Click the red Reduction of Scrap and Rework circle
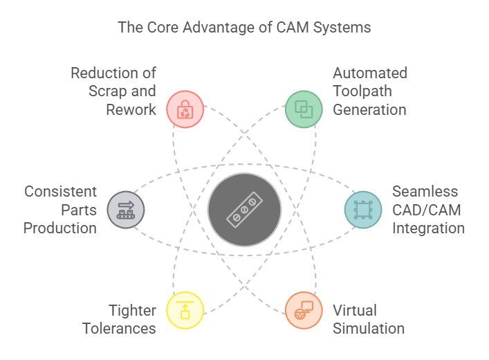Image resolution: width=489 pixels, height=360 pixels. tap(185, 109)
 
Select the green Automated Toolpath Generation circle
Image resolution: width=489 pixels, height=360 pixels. tap(304, 108)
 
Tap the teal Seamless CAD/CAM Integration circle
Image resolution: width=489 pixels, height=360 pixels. tap(362, 209)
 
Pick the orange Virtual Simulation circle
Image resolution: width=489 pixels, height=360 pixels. tap(304, 310)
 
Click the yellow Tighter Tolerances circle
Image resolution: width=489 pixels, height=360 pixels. tap(185, 310)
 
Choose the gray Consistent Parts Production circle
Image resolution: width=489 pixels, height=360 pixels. tap(126, 209)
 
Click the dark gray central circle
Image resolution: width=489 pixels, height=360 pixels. tap(244, 210)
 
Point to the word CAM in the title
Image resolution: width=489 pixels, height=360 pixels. tap(289, 28)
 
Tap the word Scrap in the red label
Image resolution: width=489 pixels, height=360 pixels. tap(107, 91)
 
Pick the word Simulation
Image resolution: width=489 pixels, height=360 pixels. tap(369, 328)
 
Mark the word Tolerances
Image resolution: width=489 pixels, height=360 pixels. tap(119, 328)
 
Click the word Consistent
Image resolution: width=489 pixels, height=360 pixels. tap(60, 192)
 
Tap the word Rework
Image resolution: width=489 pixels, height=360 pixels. tap(132, 109)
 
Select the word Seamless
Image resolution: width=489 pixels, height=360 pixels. tap(425, 192)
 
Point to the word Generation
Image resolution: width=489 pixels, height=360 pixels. tap(369, 109)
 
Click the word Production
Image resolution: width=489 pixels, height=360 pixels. tap(60, 228)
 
